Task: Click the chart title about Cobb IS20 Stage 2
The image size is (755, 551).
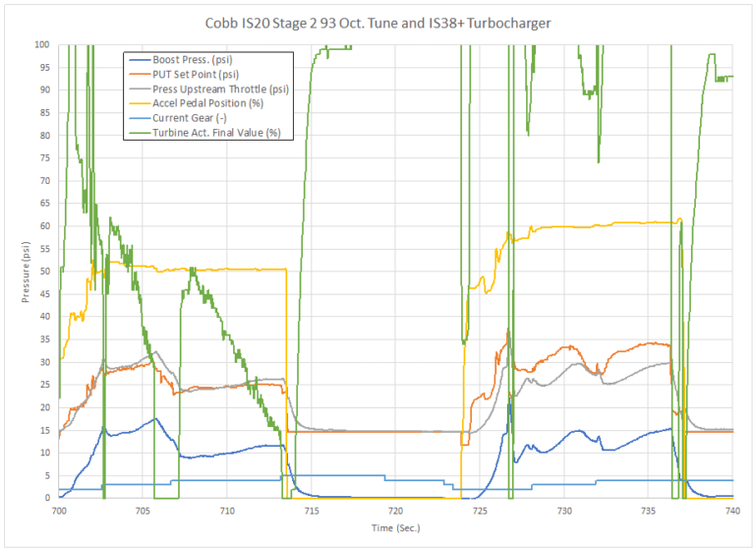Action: point(378,22)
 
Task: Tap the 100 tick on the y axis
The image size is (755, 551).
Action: point(42,44)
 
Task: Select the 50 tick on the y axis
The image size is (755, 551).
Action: point(45,272)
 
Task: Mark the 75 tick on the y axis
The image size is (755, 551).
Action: point(45,158)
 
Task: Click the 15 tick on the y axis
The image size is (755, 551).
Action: point(45,430)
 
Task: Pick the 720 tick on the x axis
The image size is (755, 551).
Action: point(395,512)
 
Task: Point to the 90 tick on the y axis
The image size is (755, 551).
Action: point(45,91)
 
